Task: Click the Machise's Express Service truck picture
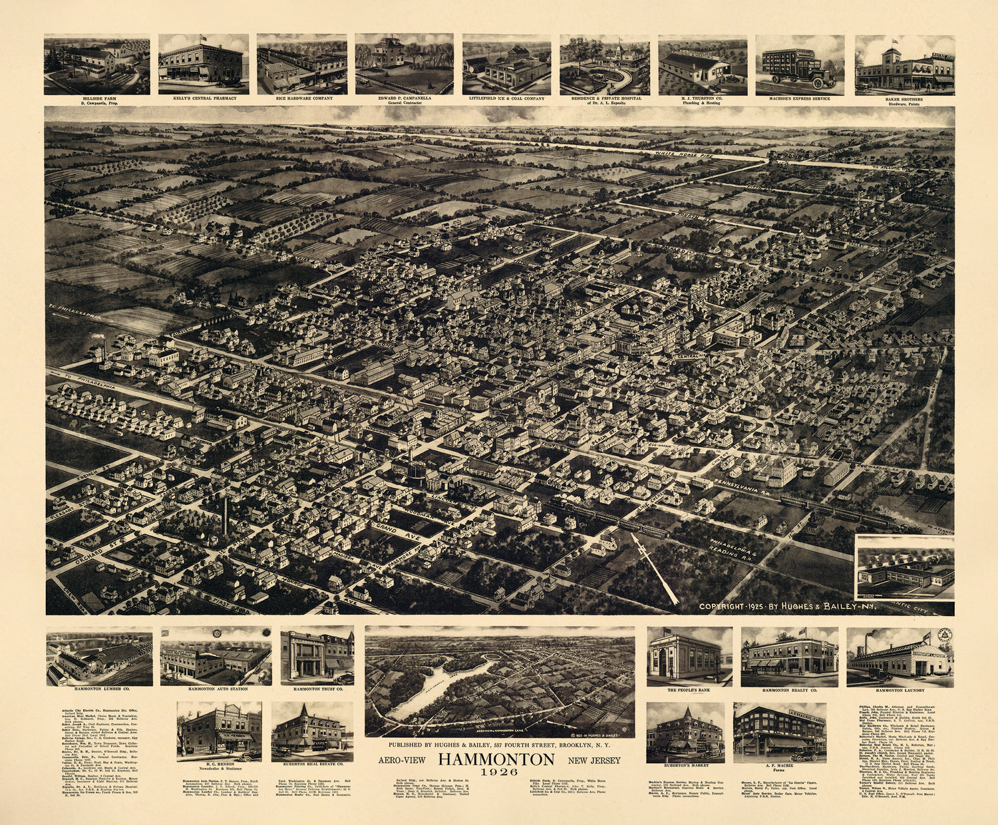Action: tap(800, 65)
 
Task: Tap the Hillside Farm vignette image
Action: tap(96, 64)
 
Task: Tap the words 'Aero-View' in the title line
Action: tap(401, 760)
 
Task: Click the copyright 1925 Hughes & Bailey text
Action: tap(789, 607)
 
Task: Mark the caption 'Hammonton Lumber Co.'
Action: tap(98, 689)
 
